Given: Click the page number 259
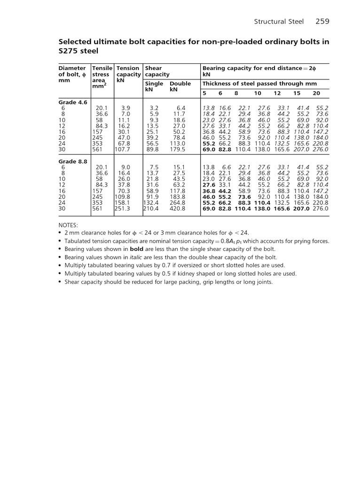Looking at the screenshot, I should click(322, 21).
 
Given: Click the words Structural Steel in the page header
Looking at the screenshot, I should click(279, 22).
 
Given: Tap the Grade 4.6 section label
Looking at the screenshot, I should click(73, 102).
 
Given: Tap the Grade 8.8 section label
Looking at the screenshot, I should click(73, 161).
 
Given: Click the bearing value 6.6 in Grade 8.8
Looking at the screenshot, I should click(227, 167).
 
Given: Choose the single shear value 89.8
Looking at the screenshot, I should click(152, 149).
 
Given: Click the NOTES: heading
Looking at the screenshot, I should click(68, 225).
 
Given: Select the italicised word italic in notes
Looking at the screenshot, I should click(136, 257).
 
